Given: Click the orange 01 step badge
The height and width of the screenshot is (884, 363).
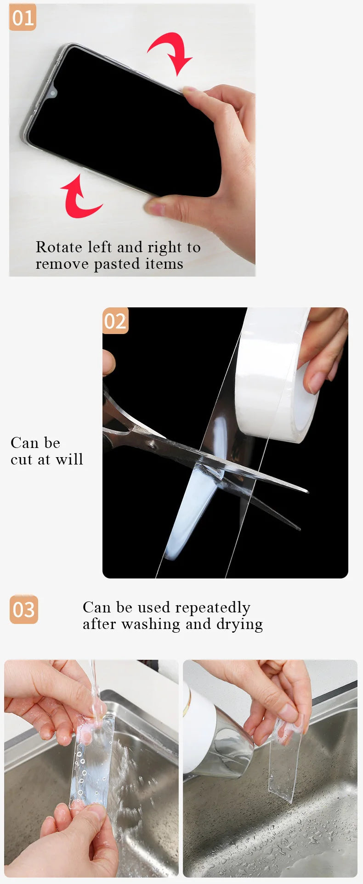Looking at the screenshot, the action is (23, 18).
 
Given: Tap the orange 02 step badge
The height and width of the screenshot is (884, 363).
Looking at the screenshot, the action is (115, 321).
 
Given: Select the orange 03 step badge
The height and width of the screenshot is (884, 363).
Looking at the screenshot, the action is (24, 610).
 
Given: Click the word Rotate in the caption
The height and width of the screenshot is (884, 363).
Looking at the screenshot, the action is (59, 247).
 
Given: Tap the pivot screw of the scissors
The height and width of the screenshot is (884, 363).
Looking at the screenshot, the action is (150, 444).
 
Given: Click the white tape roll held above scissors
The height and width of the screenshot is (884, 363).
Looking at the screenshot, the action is (276, 374).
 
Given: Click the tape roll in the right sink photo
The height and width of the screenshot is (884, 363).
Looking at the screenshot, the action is (216, 731).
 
